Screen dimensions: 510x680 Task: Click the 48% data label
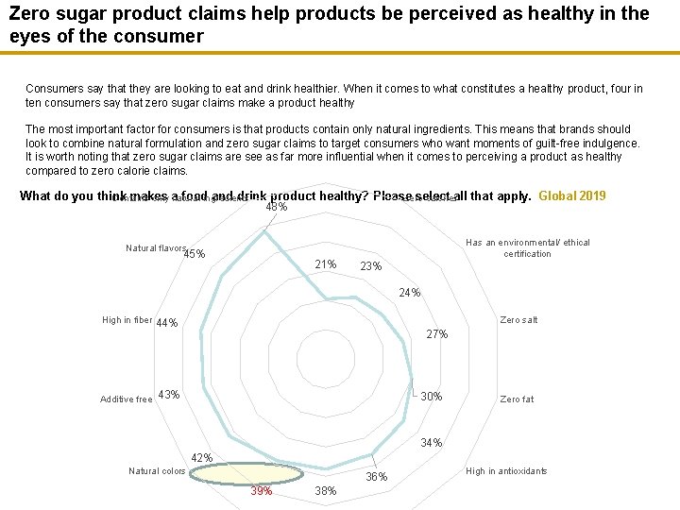pos(277,207)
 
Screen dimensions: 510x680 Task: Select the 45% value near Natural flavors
pos(195,254)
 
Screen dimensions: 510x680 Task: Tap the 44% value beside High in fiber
pos(167,323)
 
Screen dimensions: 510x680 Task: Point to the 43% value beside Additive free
pos(168,394)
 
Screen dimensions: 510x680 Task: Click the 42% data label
pos(202,458)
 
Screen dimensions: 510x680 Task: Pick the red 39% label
pos(262,491)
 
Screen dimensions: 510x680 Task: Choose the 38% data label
pos(326,491)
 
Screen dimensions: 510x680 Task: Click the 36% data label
pos(377,477)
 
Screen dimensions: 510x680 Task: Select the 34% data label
pos(431,443)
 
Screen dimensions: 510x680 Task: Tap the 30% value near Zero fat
pos(431,397)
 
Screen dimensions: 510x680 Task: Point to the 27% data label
pos(436,334)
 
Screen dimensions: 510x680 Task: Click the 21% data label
pos(325,264)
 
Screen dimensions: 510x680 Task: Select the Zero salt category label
pos(518,320)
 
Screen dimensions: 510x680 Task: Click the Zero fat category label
pos(517,399)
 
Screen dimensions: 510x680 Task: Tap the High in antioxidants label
pos(506,471)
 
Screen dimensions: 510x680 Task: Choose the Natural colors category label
pos(157,471)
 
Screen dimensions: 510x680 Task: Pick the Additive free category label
pos(126,399)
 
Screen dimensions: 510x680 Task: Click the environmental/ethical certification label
pos(527,248)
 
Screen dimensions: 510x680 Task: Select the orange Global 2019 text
pos(571,196)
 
